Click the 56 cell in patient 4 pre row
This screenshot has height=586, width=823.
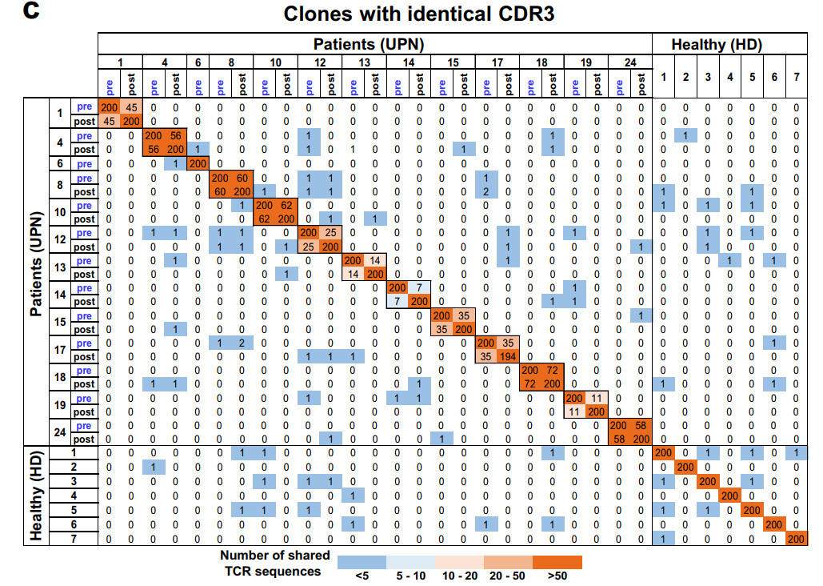point(176,136)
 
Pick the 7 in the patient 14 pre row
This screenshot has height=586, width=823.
point(419,287)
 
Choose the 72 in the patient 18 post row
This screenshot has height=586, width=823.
point(529,384)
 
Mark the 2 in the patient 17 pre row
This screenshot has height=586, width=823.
point(242,343)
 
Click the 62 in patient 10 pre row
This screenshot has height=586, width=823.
point(286,205)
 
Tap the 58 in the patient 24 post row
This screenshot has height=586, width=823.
point(619,439)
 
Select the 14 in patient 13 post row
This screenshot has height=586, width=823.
point(352,274)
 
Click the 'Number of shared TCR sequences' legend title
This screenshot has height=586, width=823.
point(270,563)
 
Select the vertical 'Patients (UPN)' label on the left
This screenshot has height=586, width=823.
point(36,264)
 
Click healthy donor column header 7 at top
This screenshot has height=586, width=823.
point(796,77)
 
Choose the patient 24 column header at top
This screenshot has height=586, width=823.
point(629,62)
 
